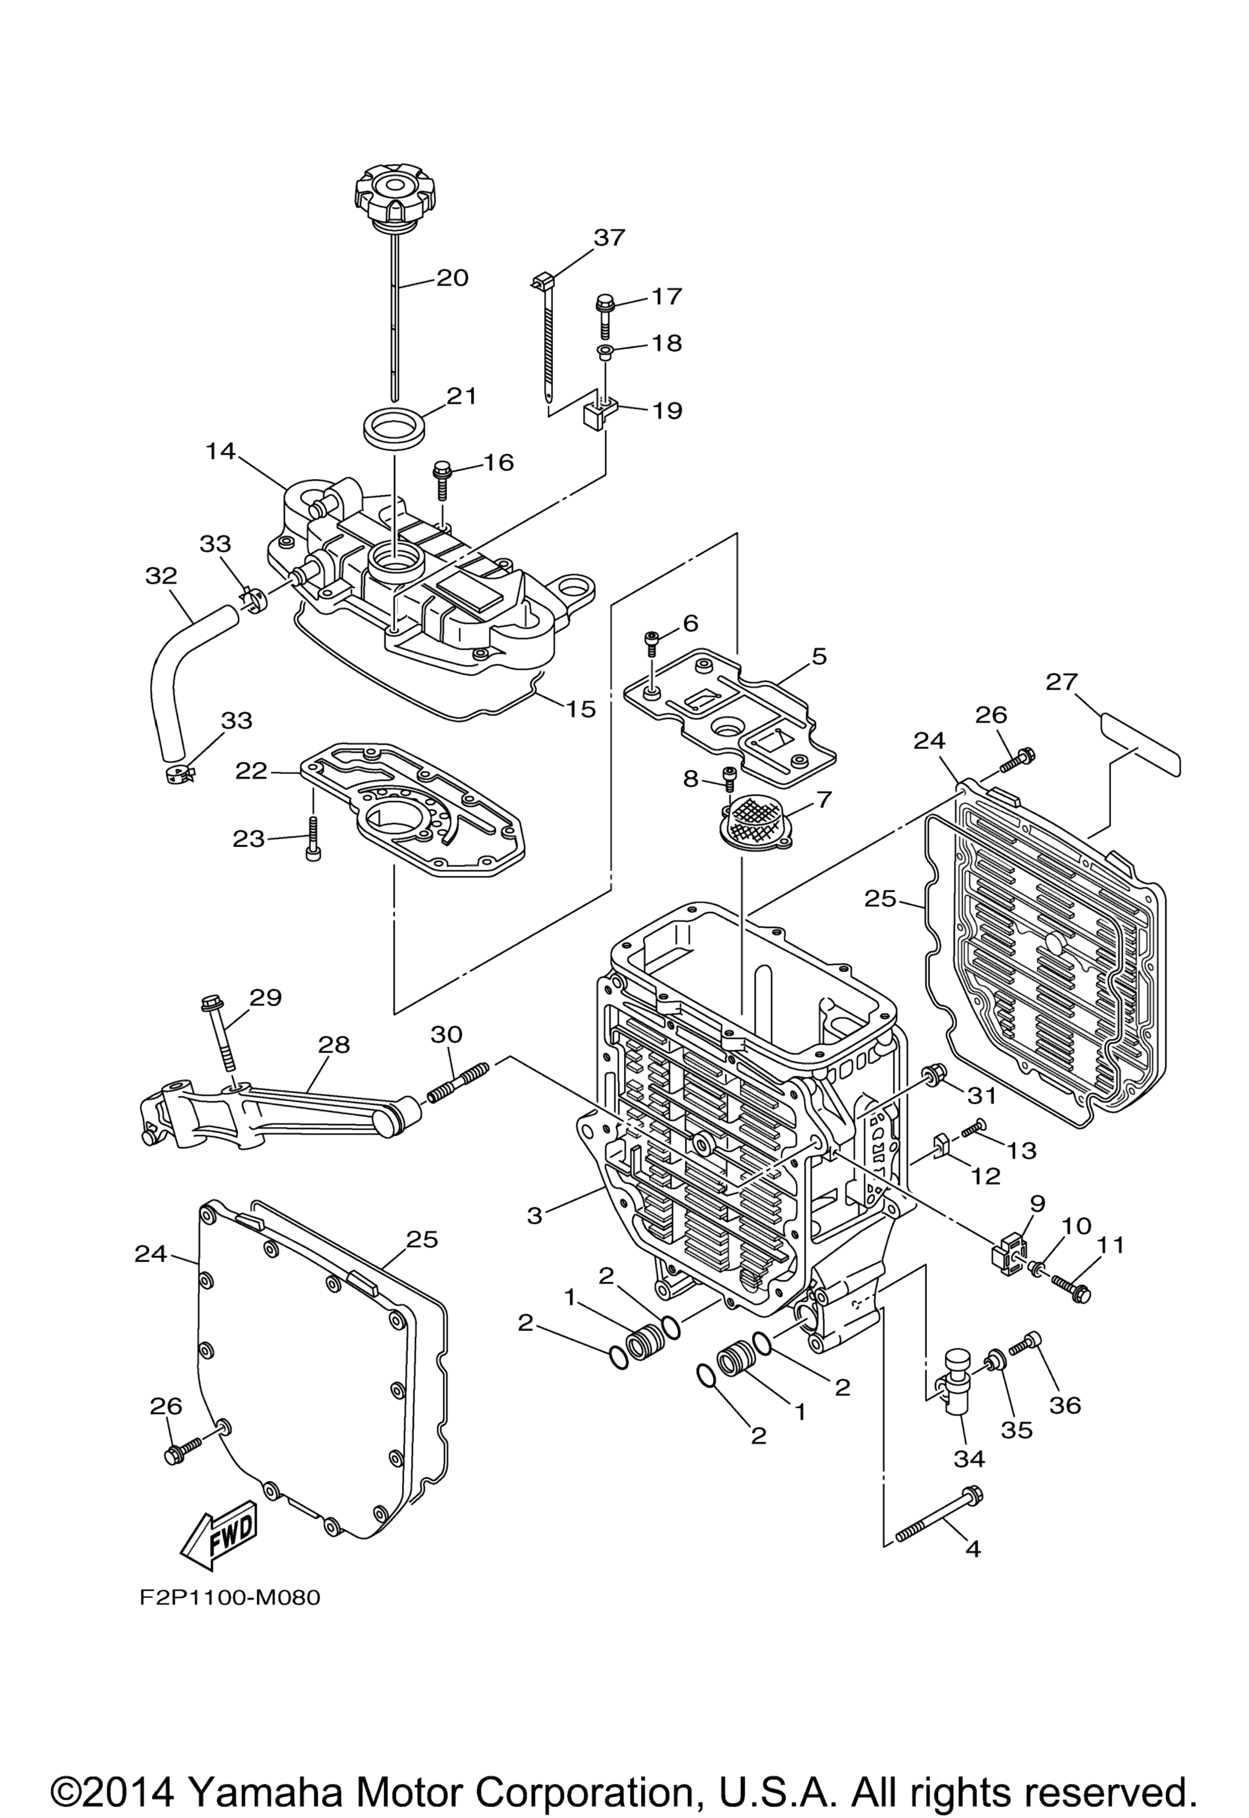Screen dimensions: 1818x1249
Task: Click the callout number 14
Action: coord(221,452)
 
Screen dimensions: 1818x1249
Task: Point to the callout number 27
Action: coord(1061,682)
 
